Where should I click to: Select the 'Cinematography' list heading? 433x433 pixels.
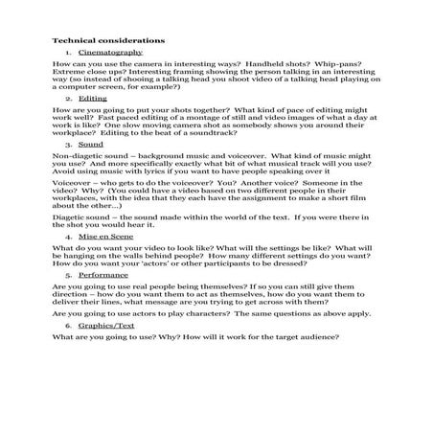[103, 56]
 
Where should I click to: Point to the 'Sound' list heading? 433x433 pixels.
[91, 142]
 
